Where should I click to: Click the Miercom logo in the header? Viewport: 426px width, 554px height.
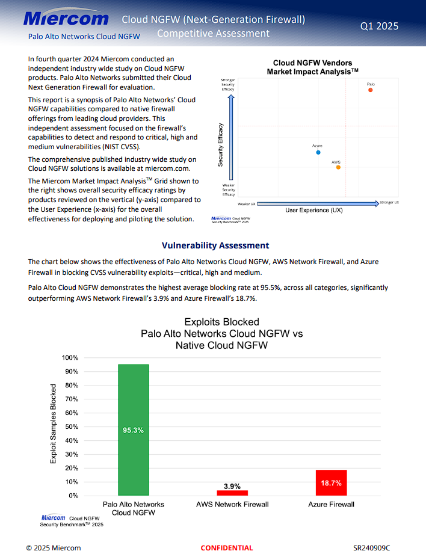66,19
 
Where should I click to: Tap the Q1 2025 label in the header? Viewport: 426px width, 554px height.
379,26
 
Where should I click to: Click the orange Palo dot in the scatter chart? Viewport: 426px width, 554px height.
371,90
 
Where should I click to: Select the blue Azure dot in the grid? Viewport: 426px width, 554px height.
318,152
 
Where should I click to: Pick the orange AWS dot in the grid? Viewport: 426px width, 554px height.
338,167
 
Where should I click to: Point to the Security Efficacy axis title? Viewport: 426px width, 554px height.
221,144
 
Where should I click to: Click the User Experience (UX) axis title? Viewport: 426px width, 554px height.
313,210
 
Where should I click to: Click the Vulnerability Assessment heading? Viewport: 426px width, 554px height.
215,245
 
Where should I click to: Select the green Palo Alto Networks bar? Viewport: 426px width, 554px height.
133,429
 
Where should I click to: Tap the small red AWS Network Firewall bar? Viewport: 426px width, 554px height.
232,493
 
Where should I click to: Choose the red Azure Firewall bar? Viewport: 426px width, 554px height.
331,482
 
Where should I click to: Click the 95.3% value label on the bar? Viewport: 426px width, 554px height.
133,430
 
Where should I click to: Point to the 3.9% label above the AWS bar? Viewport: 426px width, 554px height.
232,486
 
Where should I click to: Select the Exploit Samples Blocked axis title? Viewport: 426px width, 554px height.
54,423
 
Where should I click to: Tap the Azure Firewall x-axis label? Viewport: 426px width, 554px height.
331,505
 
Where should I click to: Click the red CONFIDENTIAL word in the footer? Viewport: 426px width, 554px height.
227,548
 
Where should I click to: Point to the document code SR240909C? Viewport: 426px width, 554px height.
371,548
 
